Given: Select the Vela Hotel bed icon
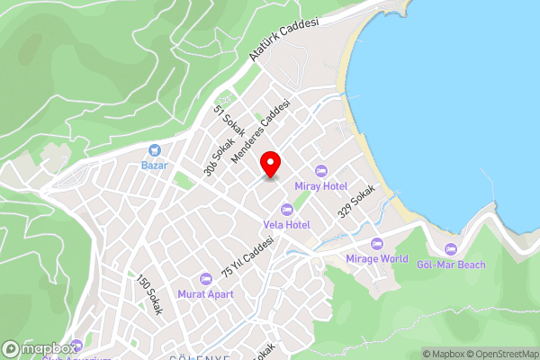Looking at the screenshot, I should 287,209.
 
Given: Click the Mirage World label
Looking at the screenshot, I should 377,258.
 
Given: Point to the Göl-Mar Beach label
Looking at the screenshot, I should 451,264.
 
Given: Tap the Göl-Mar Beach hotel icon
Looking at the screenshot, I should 451,248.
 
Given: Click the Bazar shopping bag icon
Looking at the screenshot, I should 155,149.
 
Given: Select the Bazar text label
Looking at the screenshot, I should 155,165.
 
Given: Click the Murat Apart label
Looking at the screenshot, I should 205,293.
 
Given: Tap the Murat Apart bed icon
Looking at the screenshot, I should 205,278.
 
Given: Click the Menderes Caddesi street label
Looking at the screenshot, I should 262,130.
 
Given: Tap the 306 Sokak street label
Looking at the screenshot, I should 219,156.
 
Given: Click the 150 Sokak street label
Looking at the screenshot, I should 148,296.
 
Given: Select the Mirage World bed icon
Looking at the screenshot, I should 377,243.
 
